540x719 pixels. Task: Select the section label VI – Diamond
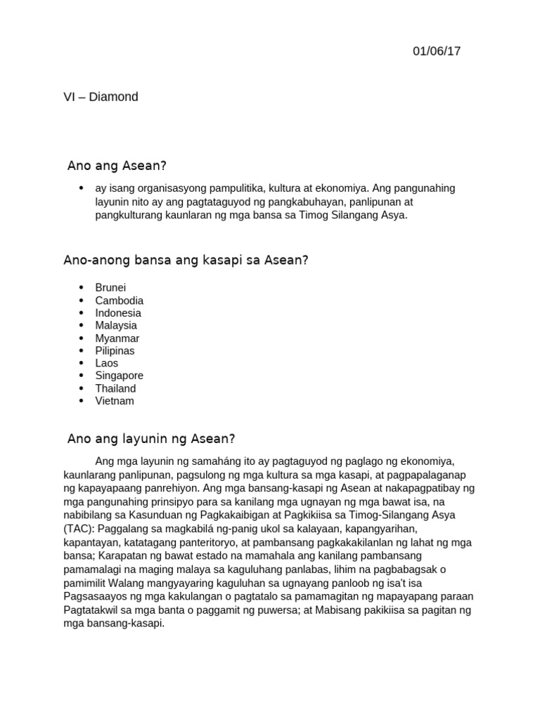tap(101, 97)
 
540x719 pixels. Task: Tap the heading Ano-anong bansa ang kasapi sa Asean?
tap(186, 260)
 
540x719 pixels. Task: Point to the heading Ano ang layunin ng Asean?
tap(150, 439)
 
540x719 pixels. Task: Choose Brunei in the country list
tap(111, 288)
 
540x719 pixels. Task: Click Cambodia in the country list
tap(120, 301)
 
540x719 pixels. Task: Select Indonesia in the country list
tap(118, 313)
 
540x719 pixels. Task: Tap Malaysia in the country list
tap(116, 326)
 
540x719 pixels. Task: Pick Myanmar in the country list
tap(117, 338)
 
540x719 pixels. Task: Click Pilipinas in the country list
tap(115, 350)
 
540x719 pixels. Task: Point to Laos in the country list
tap(107, 363)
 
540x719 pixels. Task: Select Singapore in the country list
tap(120, 376)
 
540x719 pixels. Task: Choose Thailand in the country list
tap(116, 388)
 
